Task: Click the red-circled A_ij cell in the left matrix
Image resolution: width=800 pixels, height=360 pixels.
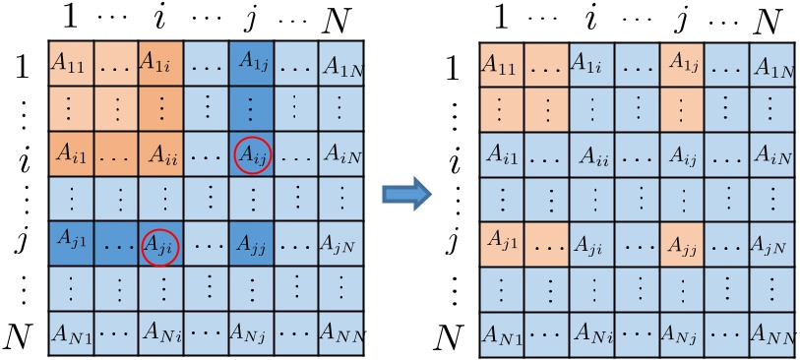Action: [250, 153]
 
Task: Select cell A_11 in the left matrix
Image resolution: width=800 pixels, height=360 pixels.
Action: [69, 63]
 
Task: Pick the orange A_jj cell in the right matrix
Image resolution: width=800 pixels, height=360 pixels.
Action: [682, 243]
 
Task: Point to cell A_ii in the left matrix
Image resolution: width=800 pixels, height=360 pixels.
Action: [160, 153]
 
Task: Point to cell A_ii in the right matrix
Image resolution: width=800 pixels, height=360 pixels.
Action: [592, 154]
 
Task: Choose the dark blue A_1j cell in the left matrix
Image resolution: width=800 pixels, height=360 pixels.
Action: [250, 63]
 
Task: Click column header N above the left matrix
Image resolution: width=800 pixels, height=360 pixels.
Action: [340, 19]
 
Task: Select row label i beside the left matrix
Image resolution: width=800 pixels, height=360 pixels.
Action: [21, 154]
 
